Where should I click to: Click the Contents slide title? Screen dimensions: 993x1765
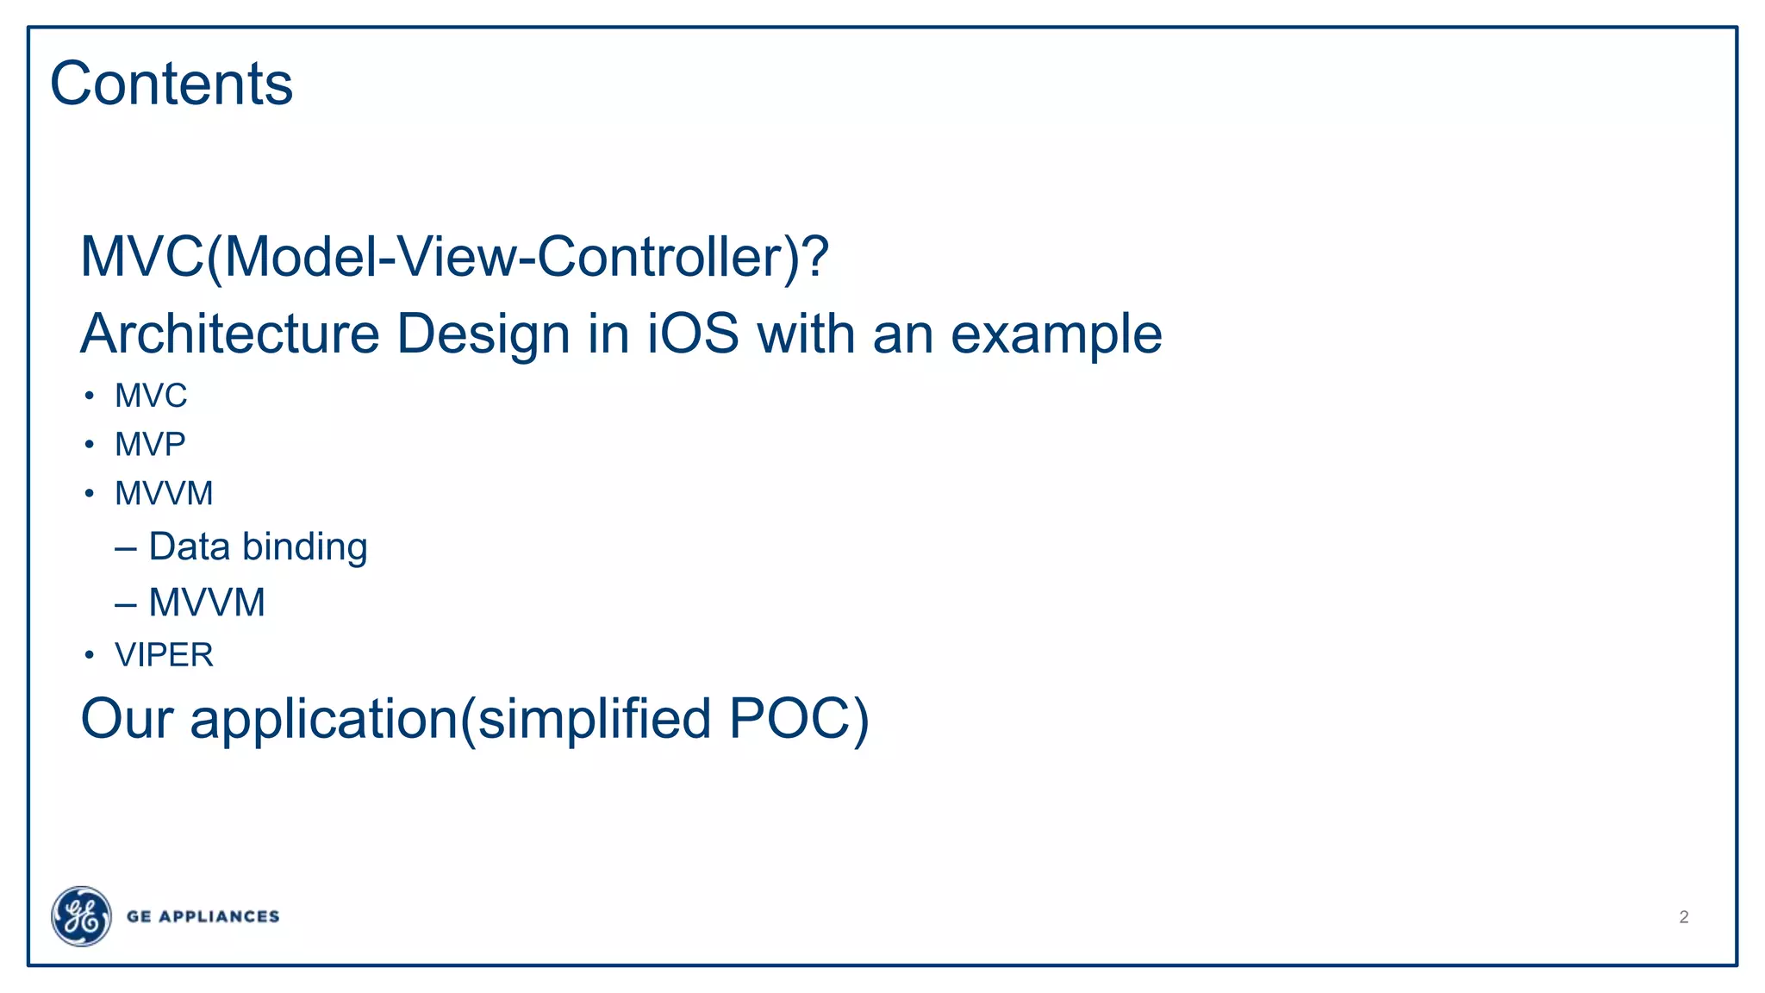pyautogui.click(x=172, y=84)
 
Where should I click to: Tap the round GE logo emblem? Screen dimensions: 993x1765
pyautogui.click(x=81, y=916)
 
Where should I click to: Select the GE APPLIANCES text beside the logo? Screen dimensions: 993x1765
pyautogui.click(x=203, y=916)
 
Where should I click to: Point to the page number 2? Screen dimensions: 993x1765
pyautogui.click(x=1683, y=917)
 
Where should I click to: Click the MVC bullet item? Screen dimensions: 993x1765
pyautogui.click(x=151, y=396)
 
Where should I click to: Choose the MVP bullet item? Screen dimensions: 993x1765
pyautogui.click(x=150, y=445)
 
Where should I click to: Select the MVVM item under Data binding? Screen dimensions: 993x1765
pyautogui.click(x=207, y=603)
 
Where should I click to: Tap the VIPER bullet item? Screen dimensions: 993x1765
pyautogui.click(x=164, y=655)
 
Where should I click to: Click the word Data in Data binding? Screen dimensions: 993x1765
pyautogui.click(x=189, y=546)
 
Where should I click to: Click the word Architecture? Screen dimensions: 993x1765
pyautogui.click(x=230, y=334)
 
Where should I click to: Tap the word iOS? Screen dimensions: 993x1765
pyautogui.click(x=693, y=334)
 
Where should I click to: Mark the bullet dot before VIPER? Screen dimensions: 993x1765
pyautogui.click(x=90, y=655)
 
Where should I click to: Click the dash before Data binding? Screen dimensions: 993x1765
pyautogui.click(x=126, y=548)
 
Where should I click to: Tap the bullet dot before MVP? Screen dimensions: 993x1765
pyautogui.click(x=90, y=445)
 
